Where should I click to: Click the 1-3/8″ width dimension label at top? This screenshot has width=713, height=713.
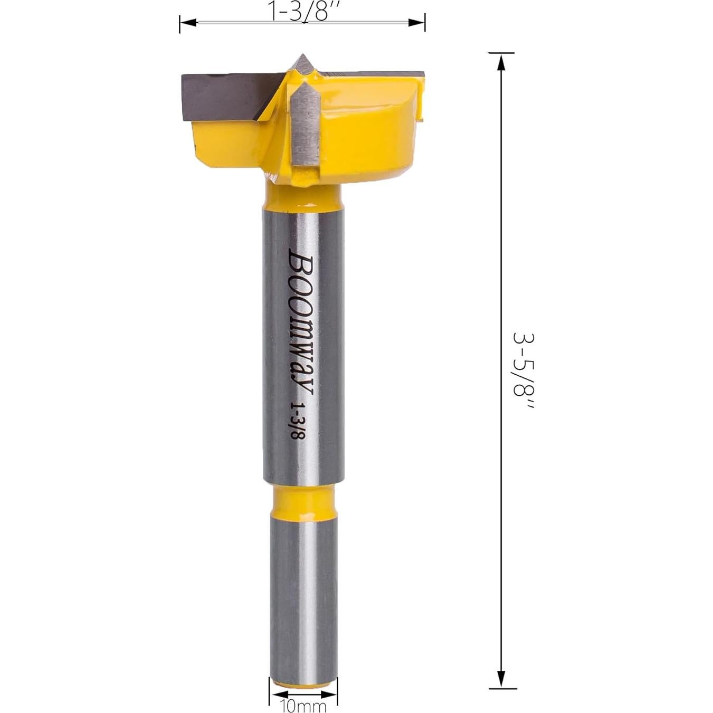pos(302,11)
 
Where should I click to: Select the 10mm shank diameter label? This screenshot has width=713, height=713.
pos(303,706)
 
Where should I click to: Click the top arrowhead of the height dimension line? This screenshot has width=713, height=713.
pos(501,62)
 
